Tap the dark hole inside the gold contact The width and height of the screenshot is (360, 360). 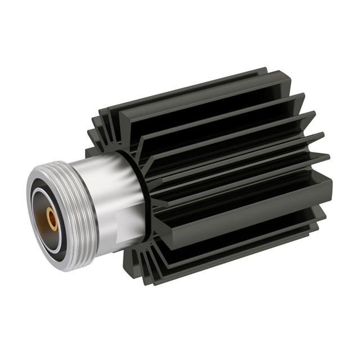tap(51, 217)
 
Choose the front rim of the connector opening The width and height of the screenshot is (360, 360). tap(29, 225)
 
